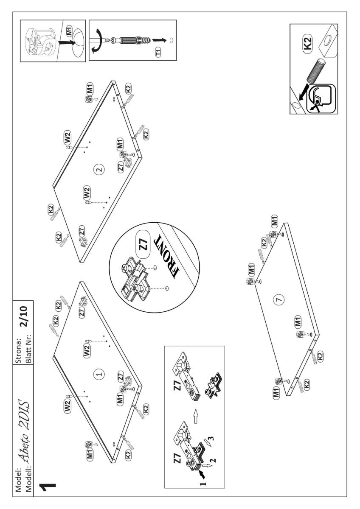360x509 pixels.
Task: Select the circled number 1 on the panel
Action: [x=99, y=374]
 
